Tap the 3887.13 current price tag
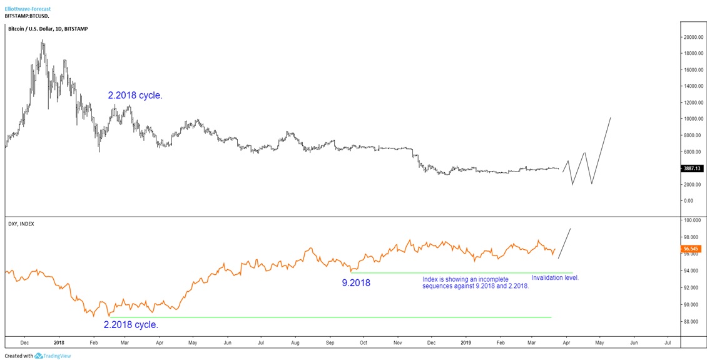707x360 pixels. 691,168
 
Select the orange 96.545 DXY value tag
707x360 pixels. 691,249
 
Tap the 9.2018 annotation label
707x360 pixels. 356,283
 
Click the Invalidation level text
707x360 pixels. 555,277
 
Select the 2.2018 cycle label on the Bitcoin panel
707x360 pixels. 135,96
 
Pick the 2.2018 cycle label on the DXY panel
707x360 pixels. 131,325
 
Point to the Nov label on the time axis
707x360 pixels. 397,343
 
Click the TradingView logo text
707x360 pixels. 56,356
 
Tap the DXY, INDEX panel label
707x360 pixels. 21,224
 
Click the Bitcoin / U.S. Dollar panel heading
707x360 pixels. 48,29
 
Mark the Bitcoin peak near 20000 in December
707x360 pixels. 43,41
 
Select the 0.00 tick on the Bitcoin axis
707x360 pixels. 688,201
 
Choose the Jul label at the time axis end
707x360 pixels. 668,343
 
